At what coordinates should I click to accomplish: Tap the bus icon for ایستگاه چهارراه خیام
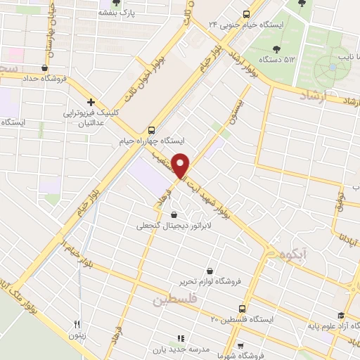(151, 130)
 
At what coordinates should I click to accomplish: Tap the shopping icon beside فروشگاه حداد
(45, 68)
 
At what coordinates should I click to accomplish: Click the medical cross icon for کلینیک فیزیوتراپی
(91, 103)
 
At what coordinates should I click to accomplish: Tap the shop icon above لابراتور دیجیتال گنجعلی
(174, 215)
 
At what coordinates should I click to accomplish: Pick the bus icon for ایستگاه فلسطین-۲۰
(243, 309)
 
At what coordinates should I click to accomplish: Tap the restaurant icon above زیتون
(77, 323)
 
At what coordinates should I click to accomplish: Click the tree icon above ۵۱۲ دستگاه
(275, 49)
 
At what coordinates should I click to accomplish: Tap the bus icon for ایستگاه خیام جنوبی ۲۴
(245, 14)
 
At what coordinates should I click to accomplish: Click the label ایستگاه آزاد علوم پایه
(330, 326)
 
